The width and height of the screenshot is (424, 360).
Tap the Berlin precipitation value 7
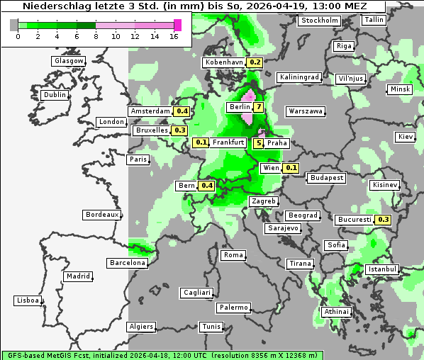coord(259,108)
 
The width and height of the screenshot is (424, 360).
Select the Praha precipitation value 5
coord(259,143)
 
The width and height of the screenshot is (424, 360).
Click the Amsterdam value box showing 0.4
coord(182,111)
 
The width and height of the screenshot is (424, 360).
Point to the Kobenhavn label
coord(223,62)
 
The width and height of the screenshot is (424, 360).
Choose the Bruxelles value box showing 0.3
coord(179,130)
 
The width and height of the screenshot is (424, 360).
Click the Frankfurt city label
coord(228,142)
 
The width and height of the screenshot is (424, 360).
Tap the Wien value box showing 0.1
coord(291,168)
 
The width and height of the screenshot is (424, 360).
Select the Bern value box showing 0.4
coord(206,186)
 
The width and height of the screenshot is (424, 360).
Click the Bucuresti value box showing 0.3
coord(384,220)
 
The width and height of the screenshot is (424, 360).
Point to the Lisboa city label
coord(27,300)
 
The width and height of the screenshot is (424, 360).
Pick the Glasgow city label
coord(68,61)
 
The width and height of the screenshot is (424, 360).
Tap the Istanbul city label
coord(382,269)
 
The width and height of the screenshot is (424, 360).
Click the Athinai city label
coord(336,312)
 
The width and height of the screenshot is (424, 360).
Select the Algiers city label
coord(140,327)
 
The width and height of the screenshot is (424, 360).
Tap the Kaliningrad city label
coord(299,77)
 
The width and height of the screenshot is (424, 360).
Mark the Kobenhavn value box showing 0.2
coord(255,62)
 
